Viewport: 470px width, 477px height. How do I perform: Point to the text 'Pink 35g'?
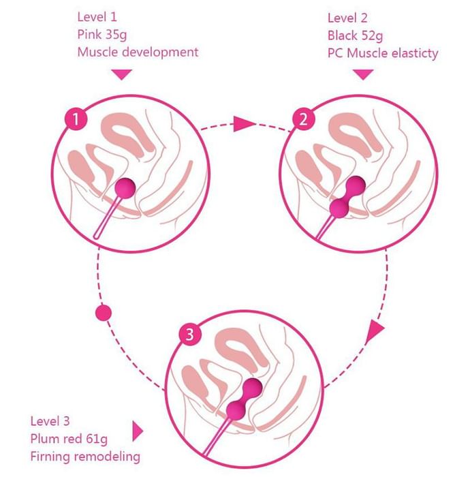[102, 35]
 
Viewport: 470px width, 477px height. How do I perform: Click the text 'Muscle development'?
[138, 52]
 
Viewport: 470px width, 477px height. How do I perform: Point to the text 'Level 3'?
[50, 421]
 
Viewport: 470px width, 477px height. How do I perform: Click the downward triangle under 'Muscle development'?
[121, 74]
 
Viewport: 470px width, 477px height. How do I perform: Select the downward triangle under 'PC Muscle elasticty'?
[364, 74]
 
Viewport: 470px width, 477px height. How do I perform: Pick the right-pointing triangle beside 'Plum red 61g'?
[138, 431]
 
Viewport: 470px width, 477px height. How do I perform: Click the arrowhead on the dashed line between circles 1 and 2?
[243, 124]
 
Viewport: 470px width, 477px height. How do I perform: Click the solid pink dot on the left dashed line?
[104, 313]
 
